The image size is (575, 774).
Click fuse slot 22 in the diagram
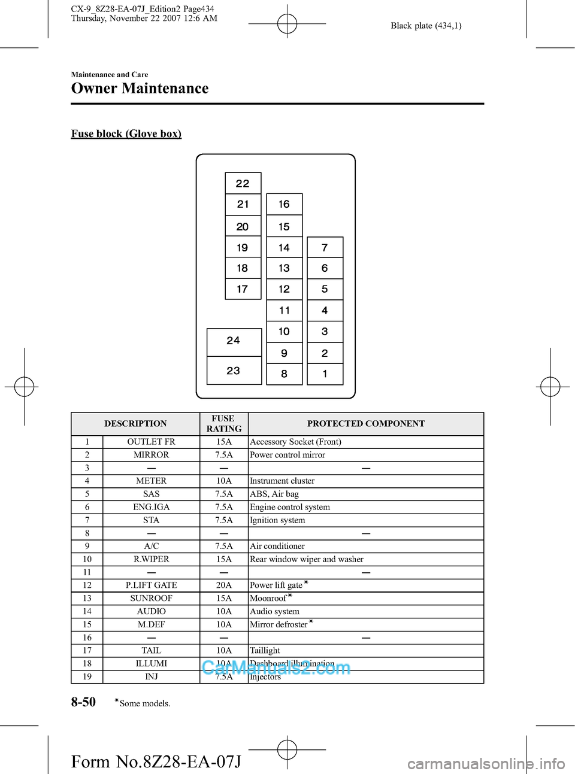pyautogui.click(x=243, y=183)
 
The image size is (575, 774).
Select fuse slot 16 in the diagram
pyautogui.click(x=284, y=204)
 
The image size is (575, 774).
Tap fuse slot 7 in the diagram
pyautogui.click(x=325, y=247)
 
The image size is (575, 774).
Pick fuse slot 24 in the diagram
pyautogui.click(x=234, y=341)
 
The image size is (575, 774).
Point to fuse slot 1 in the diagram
pyautogui.click(x=325, y=374)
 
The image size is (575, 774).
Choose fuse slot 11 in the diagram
pyautogui.click(x=284, y=310)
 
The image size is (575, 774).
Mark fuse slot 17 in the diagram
pyautogui.click(x=243, y=289)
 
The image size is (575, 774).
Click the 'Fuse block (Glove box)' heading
pyautogui.click(x=126, y=133)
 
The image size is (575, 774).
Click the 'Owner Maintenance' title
pyautogui.click(x=140, y=89)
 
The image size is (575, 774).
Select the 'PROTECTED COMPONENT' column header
pyautogui.click(x=366, y=424)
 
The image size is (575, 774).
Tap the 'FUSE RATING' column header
pyautogui.click(x=223, y=424)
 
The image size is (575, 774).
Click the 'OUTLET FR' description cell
pyautogui.click(x=151, y=442)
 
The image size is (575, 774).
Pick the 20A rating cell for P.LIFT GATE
pyautogui.click(x=223, y=585)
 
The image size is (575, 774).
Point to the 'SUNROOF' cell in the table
pyautogui.click(x=151, y=599)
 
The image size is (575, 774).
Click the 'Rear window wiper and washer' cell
pyautogui.click(x=307, y=559)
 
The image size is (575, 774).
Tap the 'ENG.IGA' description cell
pyautogui.click(x=151, y=507)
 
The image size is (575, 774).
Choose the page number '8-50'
pyautogui.click(x=83, y=702)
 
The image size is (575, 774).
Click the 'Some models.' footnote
pyautogui.click(x=144, y=703)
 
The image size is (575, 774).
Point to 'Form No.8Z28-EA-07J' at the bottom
pyautogui.click(x=156, y=762)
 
